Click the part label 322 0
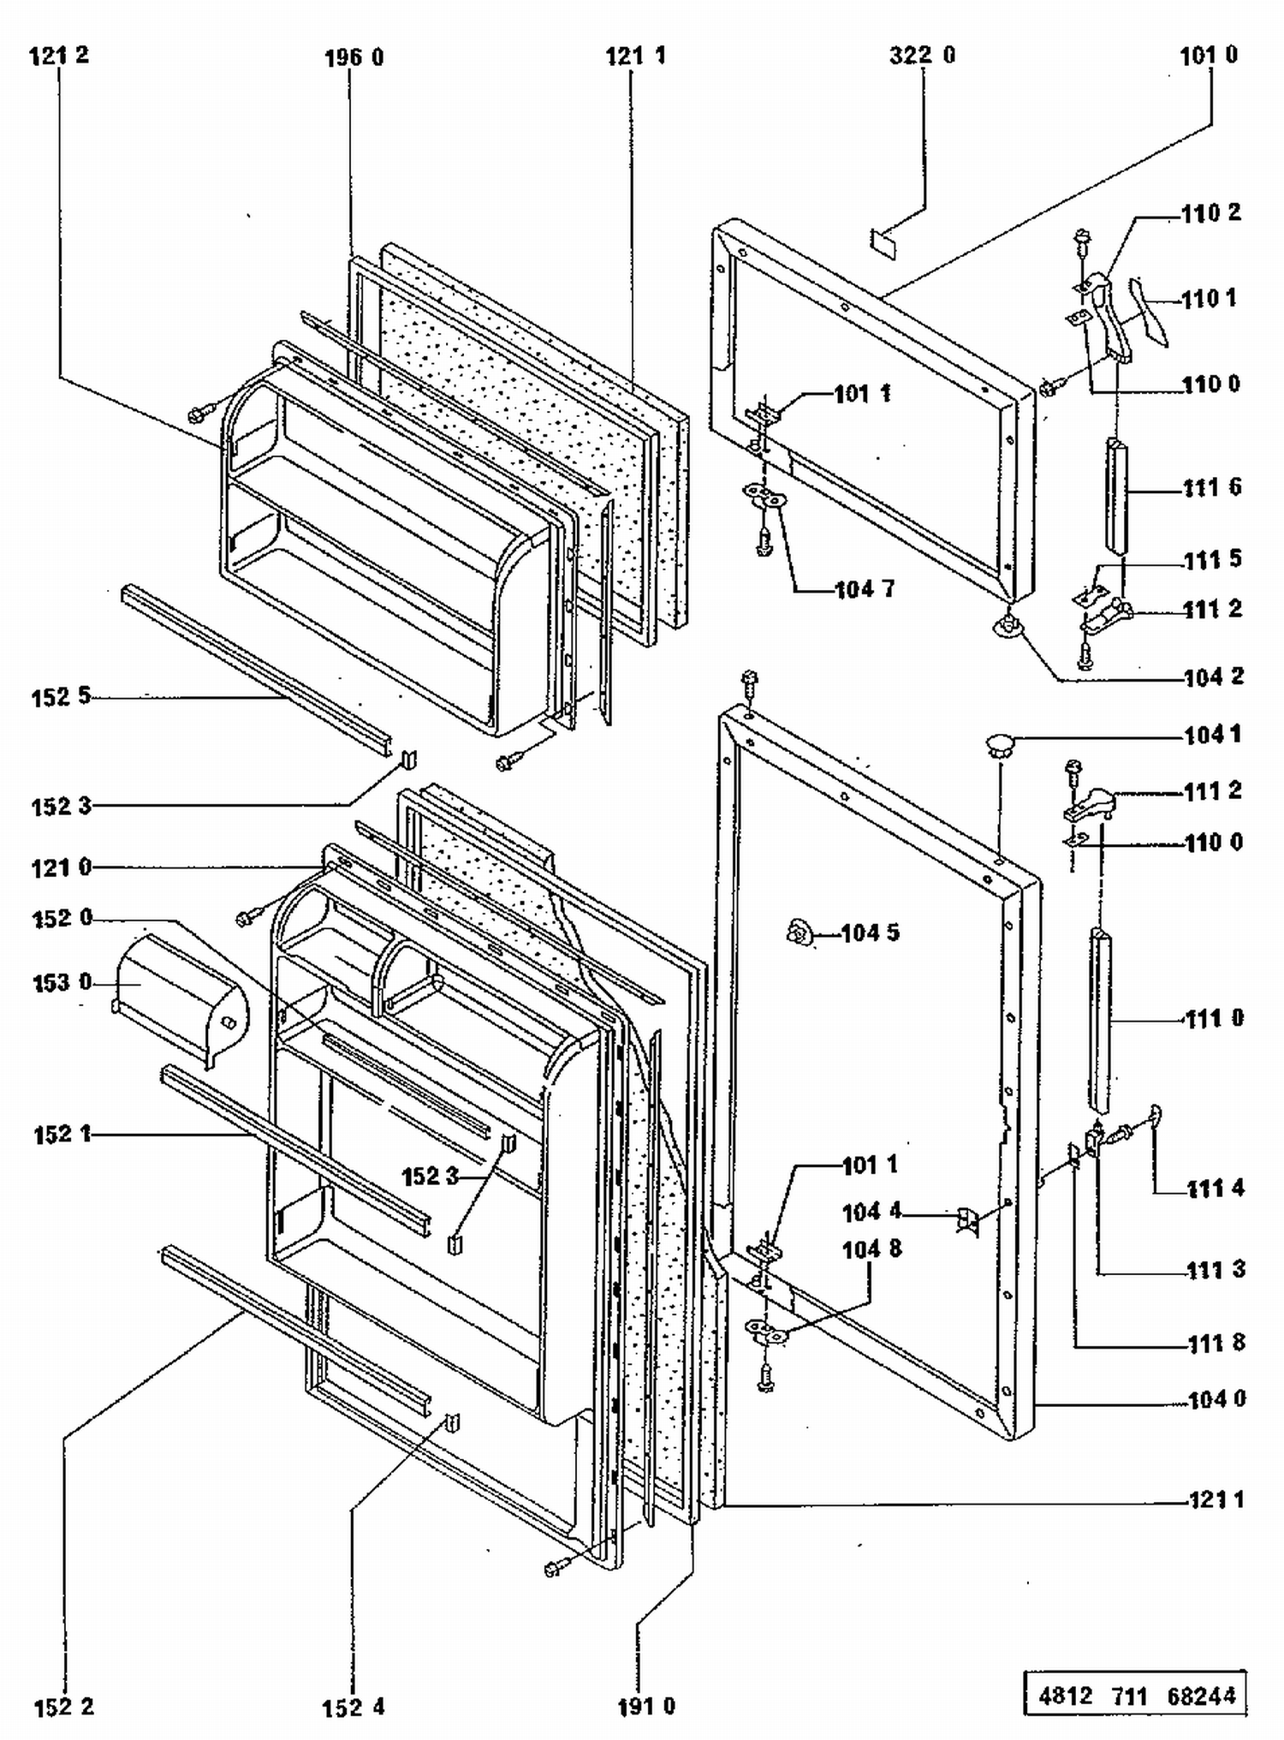(922, 56)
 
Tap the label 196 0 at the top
(354, 58)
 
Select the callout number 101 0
(1208, 56)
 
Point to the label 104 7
(865, 589)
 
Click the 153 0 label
(62, 983)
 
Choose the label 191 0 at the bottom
(646, 1707)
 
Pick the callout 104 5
(870, 933)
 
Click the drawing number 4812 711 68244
(1137, 1696)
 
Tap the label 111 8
(1216, 1343)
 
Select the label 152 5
(61, 696)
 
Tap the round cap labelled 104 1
(999, 744)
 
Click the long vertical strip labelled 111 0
(1100, 1019)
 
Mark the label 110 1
(1209, 299)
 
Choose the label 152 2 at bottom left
(63, 1707)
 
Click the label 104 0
(1216, 1399)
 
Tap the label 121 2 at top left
(59, 56)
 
